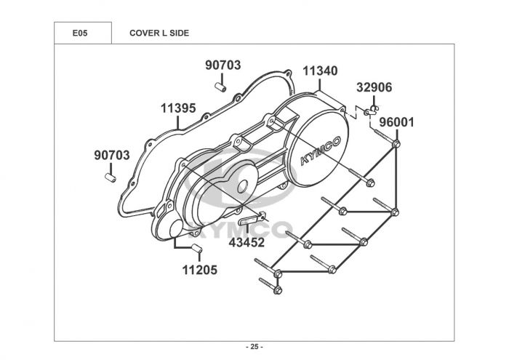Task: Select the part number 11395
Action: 178,108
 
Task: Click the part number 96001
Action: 396,122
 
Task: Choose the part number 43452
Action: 247,242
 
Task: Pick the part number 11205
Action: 199,270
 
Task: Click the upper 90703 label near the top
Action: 223,65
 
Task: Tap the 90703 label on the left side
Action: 112,155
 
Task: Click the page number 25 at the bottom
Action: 254,345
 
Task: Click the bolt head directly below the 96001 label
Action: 396,145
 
